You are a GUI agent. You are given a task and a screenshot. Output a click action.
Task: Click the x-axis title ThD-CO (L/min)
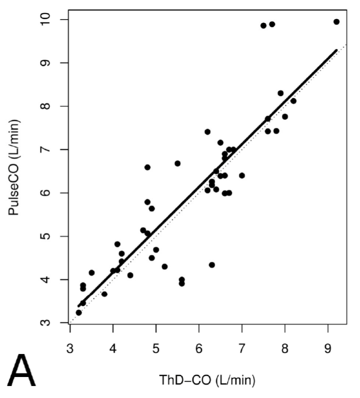click(207, 380)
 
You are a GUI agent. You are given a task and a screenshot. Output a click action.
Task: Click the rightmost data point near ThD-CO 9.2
click(336, 22)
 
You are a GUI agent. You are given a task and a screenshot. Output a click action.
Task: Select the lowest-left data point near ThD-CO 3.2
click(79, 312)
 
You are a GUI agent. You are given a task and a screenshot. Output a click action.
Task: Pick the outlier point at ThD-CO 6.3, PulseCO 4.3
click(212, 265)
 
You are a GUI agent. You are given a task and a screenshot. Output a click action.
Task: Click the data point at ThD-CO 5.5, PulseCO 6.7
click(177, 163)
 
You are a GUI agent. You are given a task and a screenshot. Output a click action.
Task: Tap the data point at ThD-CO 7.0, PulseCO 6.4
click(242, 175)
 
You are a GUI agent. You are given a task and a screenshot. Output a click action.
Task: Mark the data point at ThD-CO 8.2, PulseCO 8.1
click(293, 101)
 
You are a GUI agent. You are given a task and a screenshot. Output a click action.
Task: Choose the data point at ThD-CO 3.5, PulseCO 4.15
click(92, 273)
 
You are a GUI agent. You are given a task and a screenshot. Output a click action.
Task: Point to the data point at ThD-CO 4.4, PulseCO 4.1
click(130, 275)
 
